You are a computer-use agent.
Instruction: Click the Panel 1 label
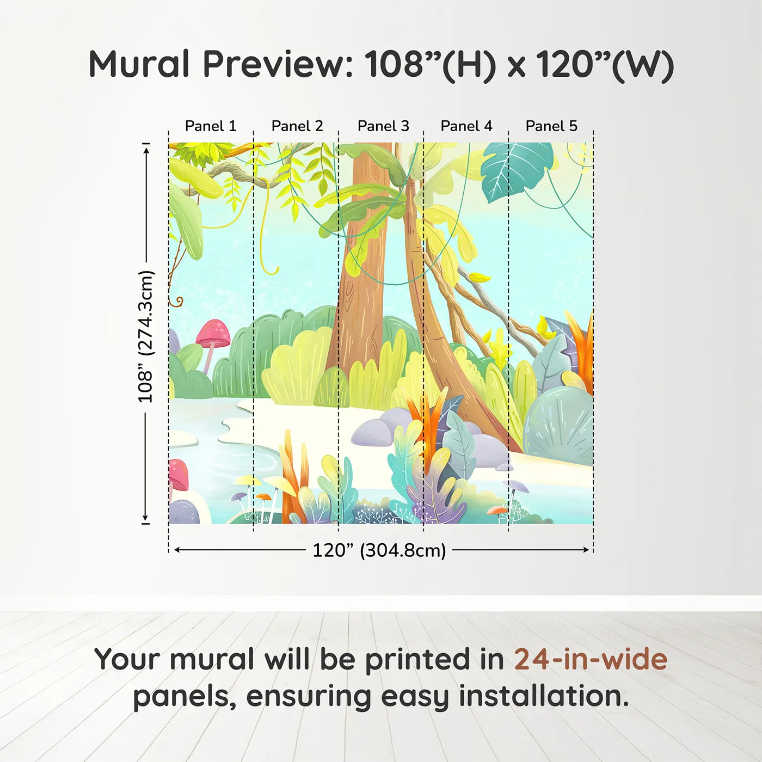tap(211, 126)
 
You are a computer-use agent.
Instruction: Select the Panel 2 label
tap(297, 126)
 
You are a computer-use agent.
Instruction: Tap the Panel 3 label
tap(383, 126)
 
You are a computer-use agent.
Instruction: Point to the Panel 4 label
tap(466, 126)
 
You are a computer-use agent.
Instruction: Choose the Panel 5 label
tap(551, 126)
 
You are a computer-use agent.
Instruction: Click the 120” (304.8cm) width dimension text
tap(379, 550)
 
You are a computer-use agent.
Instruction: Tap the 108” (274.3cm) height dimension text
tap(146, 336)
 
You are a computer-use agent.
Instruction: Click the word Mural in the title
tap(139, 64)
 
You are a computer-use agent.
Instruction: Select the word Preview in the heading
tap(278, 64)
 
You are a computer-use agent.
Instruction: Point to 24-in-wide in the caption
tap(591, 659)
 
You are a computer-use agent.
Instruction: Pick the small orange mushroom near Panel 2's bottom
tap(263, 496)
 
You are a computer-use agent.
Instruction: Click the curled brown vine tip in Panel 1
tap(177, 301)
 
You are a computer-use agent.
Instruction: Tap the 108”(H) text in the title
tap(431, 64)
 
